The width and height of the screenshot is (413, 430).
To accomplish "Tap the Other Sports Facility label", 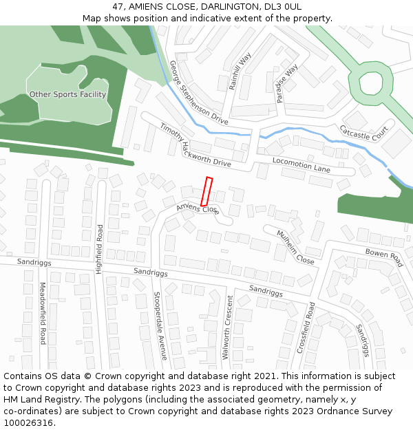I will pyautogui.click(x=67, y=94).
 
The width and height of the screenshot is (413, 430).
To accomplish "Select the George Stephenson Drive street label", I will pyautogui.click(x=198, y=93).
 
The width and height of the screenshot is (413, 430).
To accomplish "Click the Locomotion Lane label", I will pyautogui.click(x=301, y=164).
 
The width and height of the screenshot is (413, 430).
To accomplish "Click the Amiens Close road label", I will pyautogui.click(x=198, y=208).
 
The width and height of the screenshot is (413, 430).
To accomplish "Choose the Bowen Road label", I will pyautogui.click(x=383, y=258).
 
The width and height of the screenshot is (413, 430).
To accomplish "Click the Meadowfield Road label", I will pyautogui.click(x=43, y=313).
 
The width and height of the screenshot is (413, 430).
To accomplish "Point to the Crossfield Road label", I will pyautogui.click(x=306, y=328).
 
